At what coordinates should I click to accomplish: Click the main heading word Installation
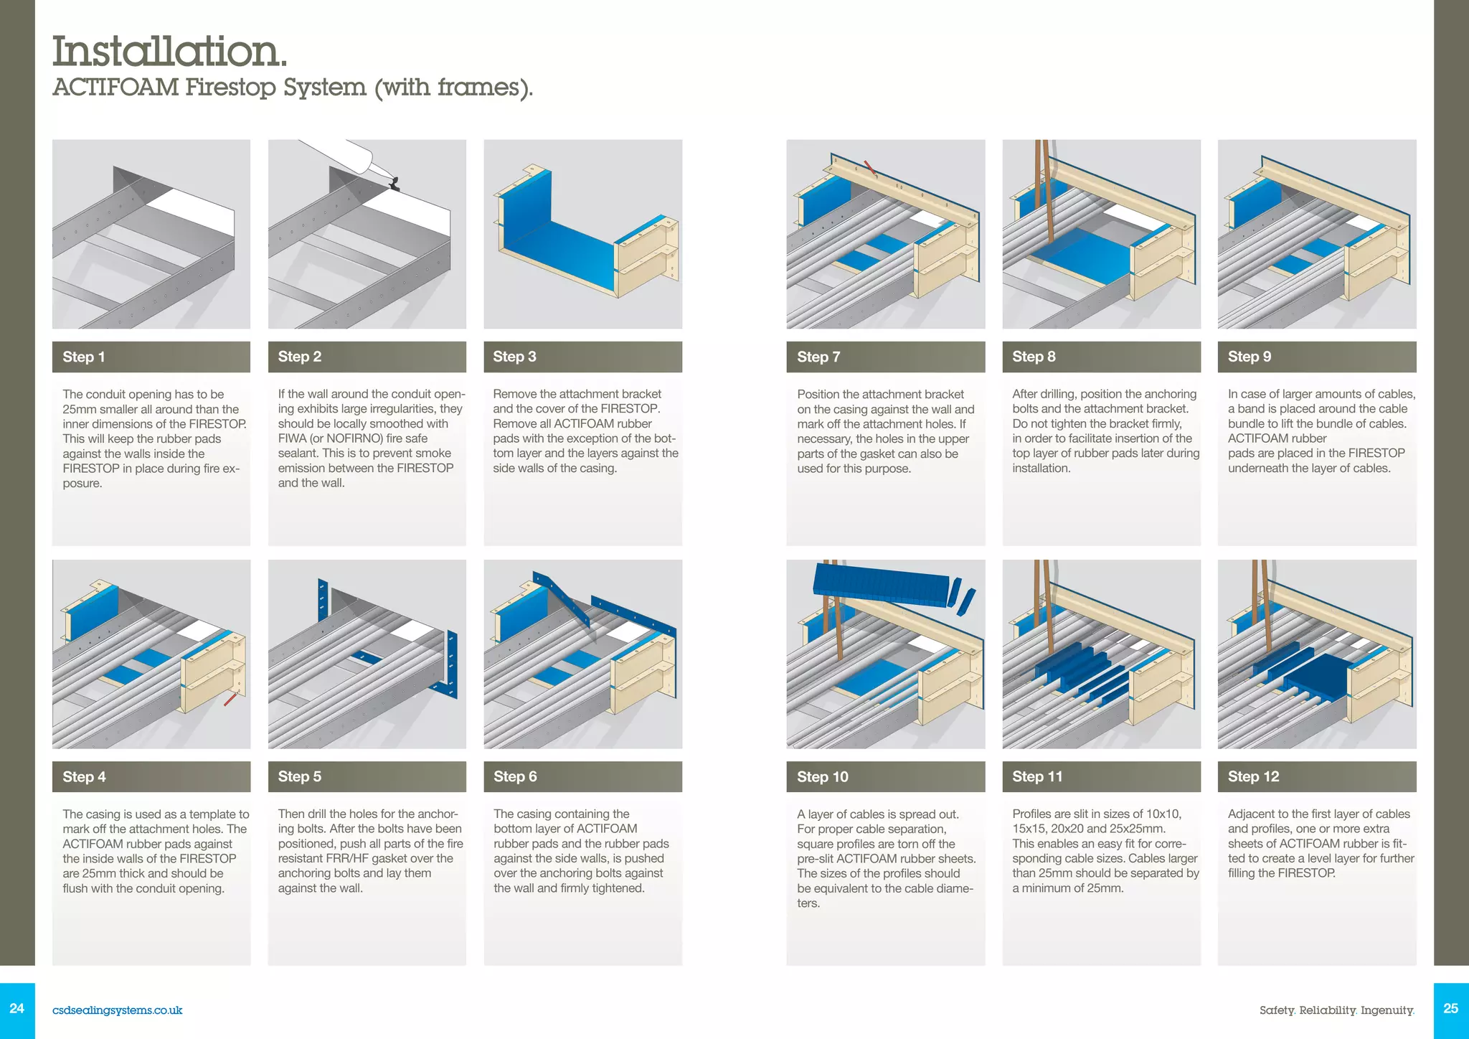point(169,52)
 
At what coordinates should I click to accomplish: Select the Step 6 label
point(515,776)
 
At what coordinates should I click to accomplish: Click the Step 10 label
point(823,776)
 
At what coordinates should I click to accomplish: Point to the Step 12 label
point(1253,776)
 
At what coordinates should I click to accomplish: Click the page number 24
point(17,1009)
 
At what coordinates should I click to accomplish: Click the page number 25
point(1450,1009)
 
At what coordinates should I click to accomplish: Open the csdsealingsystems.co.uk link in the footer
point(117,1010)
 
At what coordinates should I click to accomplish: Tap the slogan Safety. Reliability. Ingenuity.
point(1336,1010)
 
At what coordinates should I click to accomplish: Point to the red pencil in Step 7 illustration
point(870,169)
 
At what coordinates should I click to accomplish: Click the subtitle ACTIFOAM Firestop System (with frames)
point(293,88)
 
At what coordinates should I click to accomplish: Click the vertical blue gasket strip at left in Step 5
point(322,600)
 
